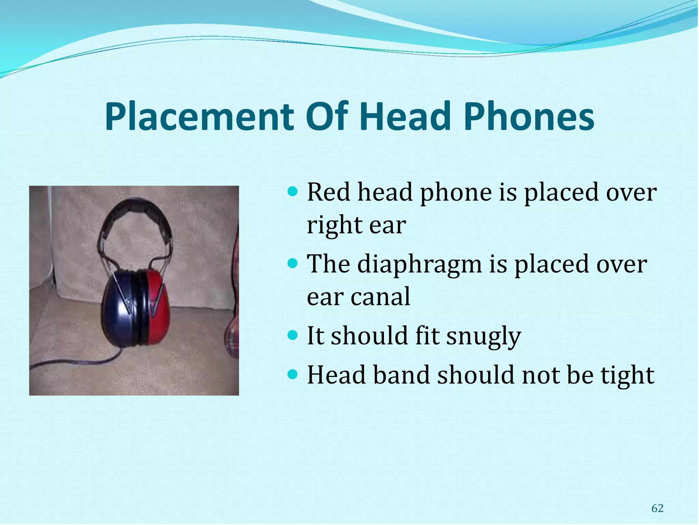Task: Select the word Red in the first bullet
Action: (328, 192)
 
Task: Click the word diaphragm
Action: (419, 265)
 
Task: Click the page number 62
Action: (657, 509)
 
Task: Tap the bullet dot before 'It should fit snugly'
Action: (293, 334)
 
